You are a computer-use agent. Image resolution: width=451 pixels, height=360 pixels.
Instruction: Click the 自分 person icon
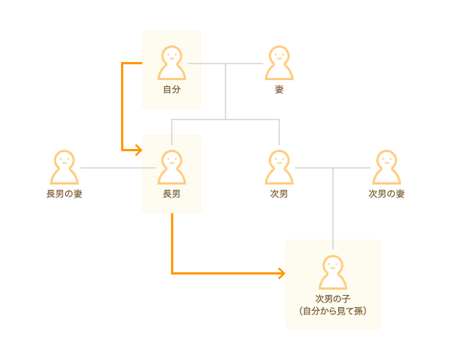click(x=172, y=63)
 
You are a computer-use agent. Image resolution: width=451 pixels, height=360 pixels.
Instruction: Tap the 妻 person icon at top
click(x=279, y=63)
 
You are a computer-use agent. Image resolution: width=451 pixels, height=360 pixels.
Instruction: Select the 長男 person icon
click(x=172, y=167)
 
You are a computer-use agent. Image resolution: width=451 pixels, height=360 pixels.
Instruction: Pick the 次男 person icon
click(x=279, y=167)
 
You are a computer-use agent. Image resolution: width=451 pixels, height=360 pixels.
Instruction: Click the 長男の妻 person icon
click(x=64, y=167)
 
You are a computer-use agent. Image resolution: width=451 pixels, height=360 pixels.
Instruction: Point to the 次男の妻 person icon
click(x=387, y=167)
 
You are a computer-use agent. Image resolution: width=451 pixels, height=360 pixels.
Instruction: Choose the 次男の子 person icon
click(x=333, y=272)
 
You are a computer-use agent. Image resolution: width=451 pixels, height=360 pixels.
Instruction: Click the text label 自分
click(x=172, y=89)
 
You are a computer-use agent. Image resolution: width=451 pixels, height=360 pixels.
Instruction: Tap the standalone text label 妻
click(x=279, y=89)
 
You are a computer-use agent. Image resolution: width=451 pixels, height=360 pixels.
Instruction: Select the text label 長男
click(x=172, y=194)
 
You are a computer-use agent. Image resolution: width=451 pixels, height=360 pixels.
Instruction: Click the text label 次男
click(x=279, y=194)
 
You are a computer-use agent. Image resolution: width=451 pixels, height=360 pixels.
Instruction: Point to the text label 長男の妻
click(x=64, y=194)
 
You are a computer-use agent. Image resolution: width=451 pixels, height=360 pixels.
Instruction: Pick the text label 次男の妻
click(x=387, y=194)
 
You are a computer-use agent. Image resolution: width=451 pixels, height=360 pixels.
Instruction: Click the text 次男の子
click(x=333, y=299)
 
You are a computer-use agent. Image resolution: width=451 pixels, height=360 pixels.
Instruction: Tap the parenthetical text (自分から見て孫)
click(x=333, y=311)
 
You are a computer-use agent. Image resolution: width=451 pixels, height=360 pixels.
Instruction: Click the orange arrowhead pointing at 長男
click(x=139, y=150)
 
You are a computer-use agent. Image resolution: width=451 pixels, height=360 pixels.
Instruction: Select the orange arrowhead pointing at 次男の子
click(x=281, y=273)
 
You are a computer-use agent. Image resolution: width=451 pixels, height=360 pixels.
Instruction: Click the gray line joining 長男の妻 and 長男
click(x=118, y=168)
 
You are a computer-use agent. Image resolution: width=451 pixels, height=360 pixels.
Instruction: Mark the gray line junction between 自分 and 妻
click(x=225, y=64)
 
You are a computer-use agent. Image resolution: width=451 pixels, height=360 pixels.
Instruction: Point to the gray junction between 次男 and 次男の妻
click(x=333, y=168)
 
